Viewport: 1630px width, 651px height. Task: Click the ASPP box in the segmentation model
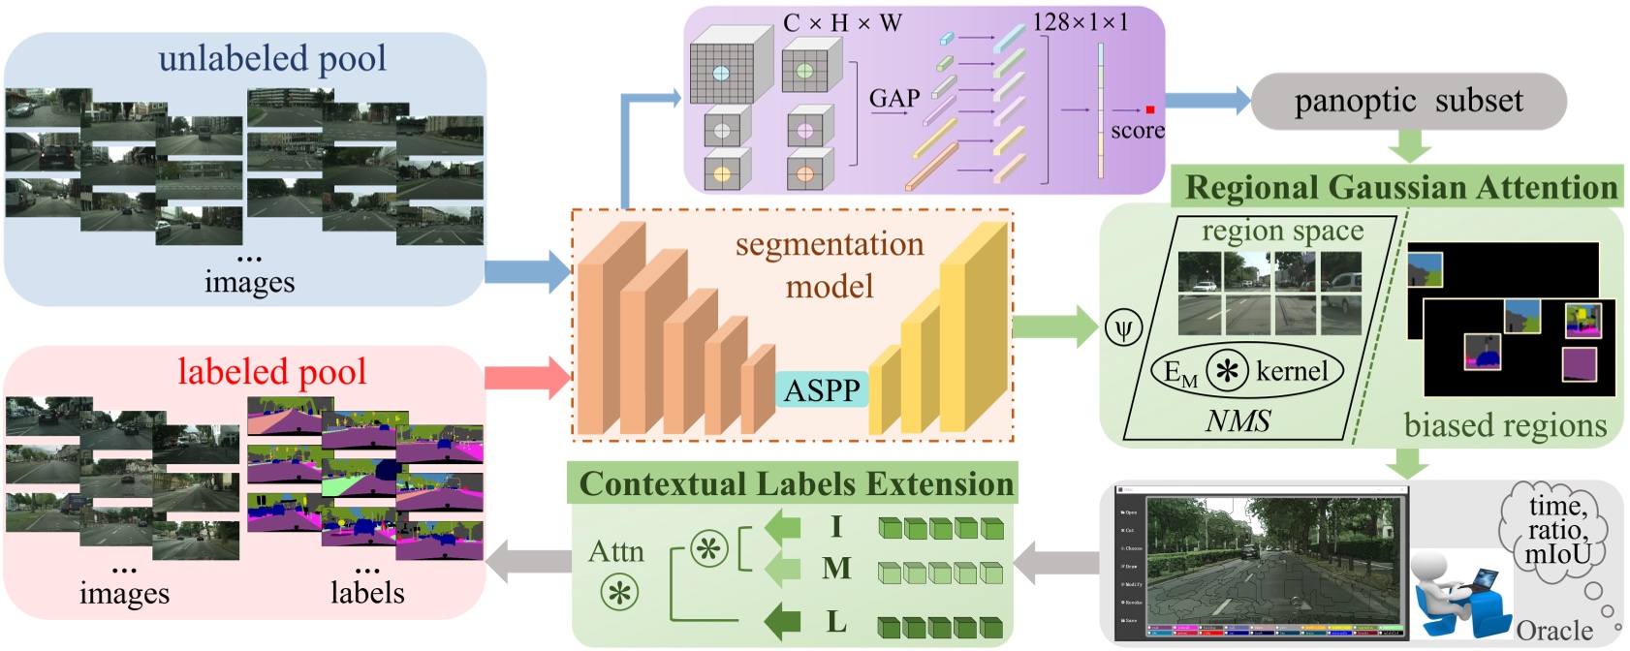(x=822, y=389)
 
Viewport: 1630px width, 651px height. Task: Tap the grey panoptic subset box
(x=1408, y=101)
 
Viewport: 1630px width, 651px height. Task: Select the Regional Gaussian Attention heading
(x=1401, y=187)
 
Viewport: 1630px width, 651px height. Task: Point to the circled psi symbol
(x=1123, y=329)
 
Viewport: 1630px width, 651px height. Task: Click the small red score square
(x=1150, y=110)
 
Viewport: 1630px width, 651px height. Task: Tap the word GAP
(x=893, y=98)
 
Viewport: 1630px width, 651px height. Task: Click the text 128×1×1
(x=1080, y=21)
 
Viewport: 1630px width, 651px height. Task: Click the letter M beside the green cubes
(x=836, y=568)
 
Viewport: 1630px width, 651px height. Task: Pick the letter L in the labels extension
(x=836, y=621)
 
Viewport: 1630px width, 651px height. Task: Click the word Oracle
(x=1553, y=631)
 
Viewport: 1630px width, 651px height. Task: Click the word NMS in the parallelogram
(x=1238, y=420)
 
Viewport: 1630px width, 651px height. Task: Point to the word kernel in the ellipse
(x=1292, y=371)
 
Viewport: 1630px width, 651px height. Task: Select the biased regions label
(x=1504, y=424)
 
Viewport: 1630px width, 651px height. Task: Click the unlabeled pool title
(x=272, y=58)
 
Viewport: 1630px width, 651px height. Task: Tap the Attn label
(x=615, y=551)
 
